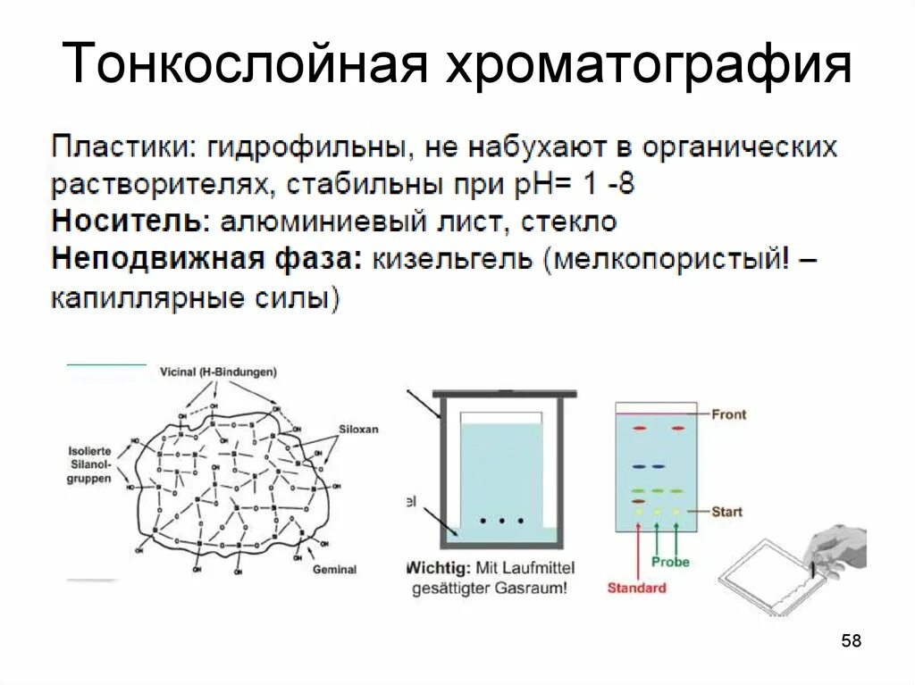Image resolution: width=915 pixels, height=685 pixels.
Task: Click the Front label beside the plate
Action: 728,414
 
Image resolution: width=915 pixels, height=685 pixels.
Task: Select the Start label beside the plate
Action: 726,512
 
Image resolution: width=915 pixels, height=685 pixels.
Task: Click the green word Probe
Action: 670,563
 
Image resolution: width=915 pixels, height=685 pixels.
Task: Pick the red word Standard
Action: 636,588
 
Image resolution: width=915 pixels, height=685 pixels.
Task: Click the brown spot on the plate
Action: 638,502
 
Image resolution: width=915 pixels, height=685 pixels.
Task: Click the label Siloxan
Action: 358,429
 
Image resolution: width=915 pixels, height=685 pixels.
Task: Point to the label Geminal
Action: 334,569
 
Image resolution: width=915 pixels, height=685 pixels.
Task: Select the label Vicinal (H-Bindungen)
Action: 219,372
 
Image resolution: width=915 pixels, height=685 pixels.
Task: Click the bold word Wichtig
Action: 436,567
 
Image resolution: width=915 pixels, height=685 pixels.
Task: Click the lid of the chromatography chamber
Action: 502,394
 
